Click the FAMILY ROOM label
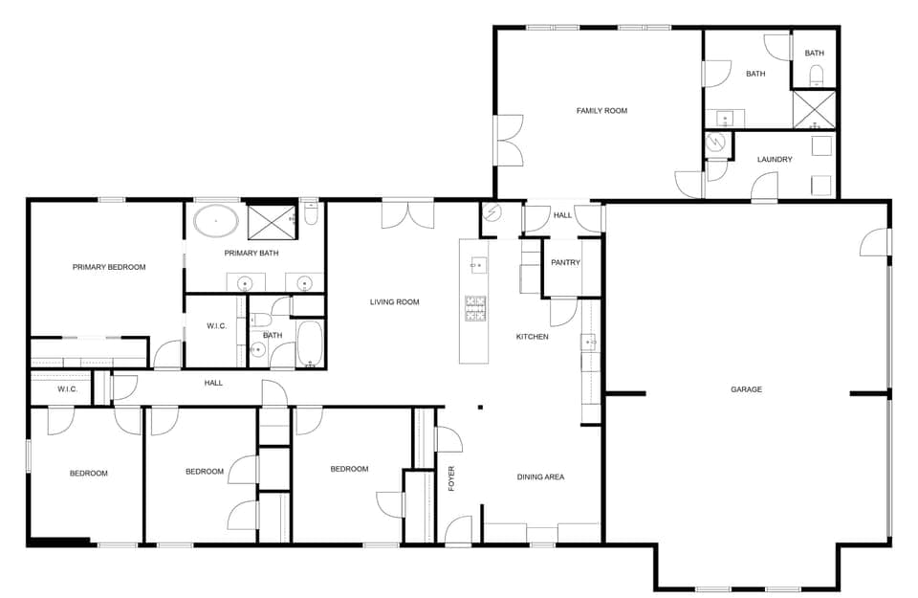[601, 111]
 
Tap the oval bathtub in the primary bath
[217, 221]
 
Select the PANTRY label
[565, 262]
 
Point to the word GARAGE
[746, 389]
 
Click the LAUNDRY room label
[775, 160]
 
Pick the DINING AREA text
[541, 476]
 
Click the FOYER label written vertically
[452, 477]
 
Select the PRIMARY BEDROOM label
[109, 267]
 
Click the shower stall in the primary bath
[274, 221]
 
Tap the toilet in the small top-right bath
[816, 75]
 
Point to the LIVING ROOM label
[395, 302]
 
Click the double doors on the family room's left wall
[508, 140]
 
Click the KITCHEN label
[533, 337]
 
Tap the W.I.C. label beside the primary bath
[216, 326]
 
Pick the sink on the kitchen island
[475, 262]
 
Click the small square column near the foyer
[480, 407]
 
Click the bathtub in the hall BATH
[310, 344]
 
